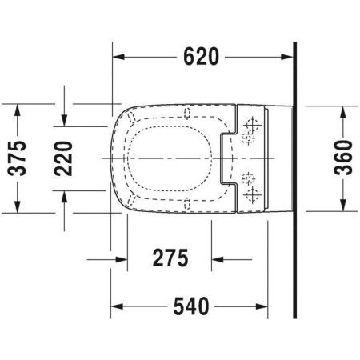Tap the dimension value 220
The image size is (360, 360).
point(68,158)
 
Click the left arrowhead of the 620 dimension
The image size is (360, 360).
point(117,57)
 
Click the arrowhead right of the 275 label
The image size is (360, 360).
point(218,258)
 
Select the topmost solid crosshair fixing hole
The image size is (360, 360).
point(254,125)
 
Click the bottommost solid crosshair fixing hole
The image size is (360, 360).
point(254,193)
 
